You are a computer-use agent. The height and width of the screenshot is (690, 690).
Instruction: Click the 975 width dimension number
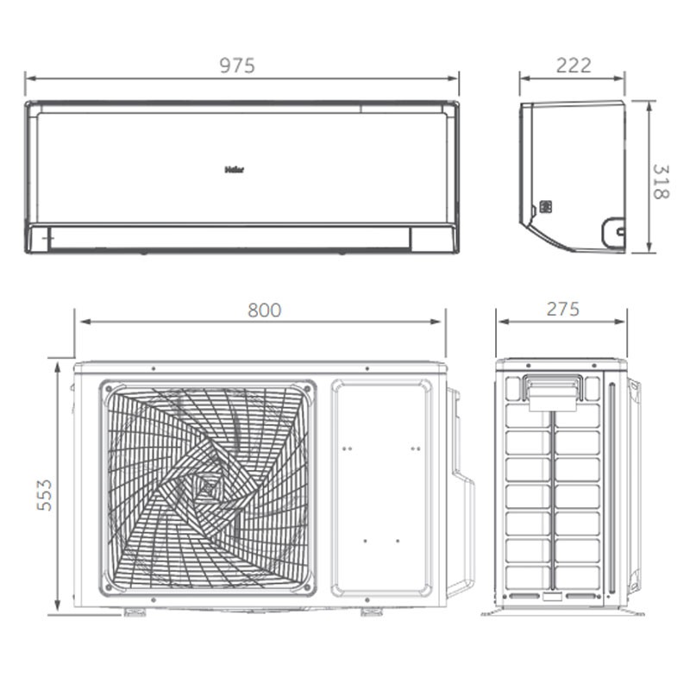pos(237,66)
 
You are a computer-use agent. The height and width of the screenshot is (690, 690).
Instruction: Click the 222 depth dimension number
pos(574,66)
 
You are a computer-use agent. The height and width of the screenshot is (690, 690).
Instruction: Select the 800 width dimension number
pos(264,310)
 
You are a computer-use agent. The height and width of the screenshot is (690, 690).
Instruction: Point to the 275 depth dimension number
pos(562,310)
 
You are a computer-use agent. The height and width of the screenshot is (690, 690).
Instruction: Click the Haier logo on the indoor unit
pos(234,170)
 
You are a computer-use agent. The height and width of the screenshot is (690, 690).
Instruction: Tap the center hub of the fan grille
pos(207,488)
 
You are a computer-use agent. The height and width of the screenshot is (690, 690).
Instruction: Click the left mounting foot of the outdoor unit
pos(135,612)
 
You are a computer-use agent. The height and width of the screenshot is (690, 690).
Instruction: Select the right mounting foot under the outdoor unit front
pos(372,612)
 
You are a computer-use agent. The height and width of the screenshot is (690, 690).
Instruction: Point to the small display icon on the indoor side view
pos(545,208)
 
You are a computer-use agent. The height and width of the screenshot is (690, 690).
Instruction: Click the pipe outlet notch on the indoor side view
pos(613,229)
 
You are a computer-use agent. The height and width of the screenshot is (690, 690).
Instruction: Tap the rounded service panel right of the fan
pos(381,488)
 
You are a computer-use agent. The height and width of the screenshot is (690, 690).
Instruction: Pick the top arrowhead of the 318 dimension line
pos(649,103)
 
